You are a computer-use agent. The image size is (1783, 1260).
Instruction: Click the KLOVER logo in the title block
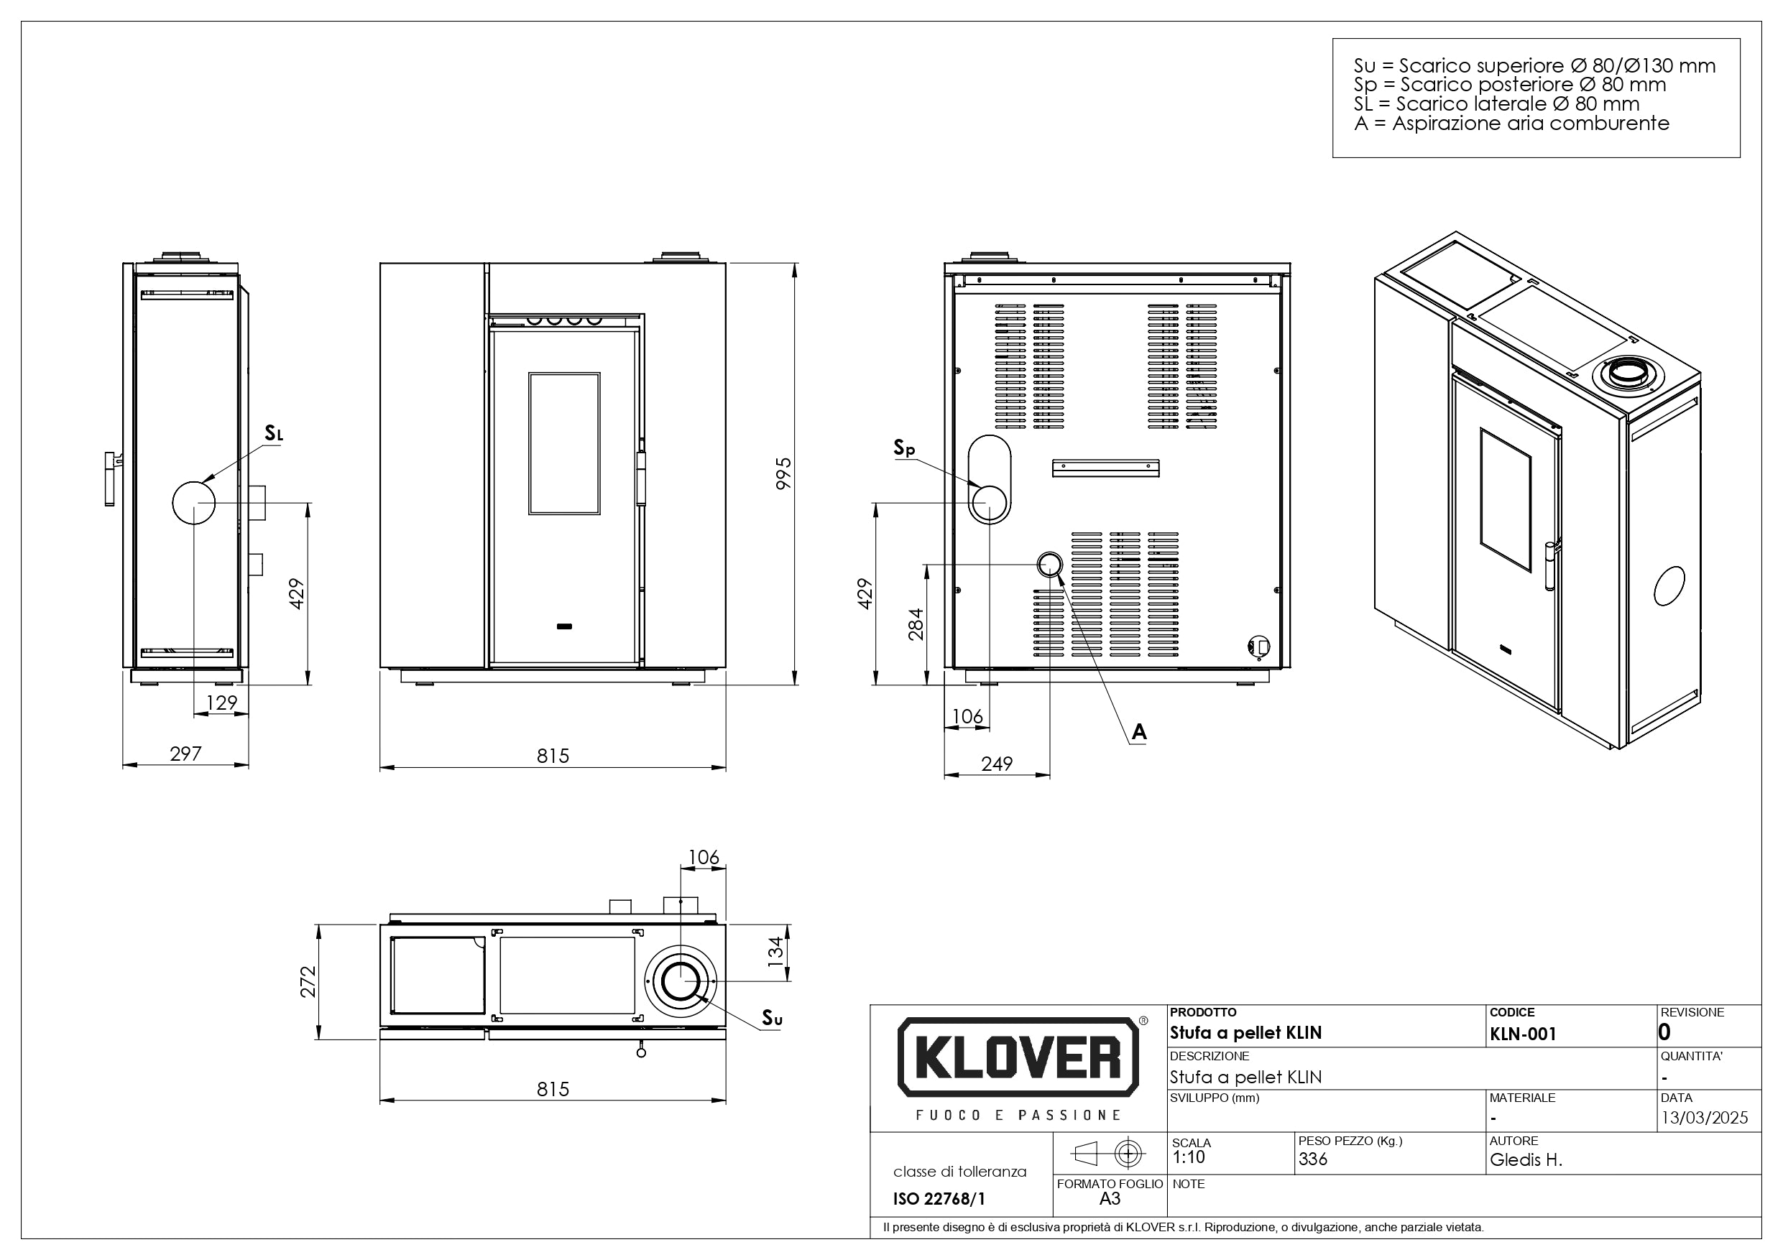[1018, 1057]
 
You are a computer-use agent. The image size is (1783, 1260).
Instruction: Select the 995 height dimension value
[783, 473]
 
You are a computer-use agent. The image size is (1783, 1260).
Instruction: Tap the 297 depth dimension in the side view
[185, 753]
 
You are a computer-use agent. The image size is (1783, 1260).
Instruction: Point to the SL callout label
[274, 433]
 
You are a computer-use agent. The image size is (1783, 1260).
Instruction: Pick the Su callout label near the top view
[772, 1018]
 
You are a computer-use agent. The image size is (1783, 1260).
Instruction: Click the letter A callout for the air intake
[1139, 732]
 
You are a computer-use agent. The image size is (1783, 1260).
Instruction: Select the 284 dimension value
[916, 624]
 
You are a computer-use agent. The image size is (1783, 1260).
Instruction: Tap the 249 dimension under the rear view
[996, 764]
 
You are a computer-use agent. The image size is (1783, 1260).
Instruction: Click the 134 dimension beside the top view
[775, 953]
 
